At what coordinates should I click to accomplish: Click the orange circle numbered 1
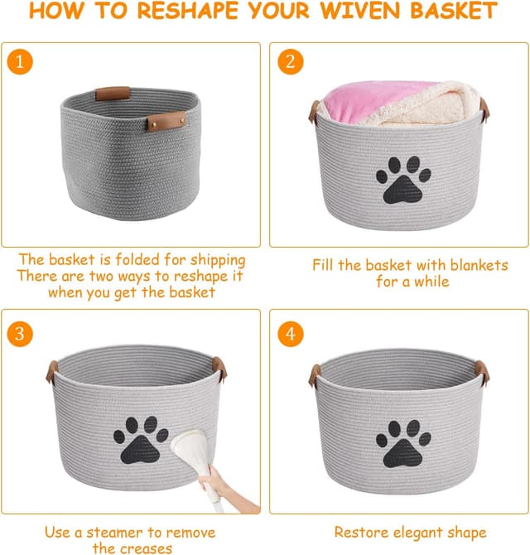coord(20,62)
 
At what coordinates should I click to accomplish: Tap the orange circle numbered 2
coord(291,62)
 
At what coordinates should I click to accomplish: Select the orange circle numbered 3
coord(20,334)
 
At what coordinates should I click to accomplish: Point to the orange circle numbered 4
coord(291,334)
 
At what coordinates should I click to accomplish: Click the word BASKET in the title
coord(448,12)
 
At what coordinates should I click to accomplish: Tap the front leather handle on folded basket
coord(166,123)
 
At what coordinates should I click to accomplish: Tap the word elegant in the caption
coord(411,532)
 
